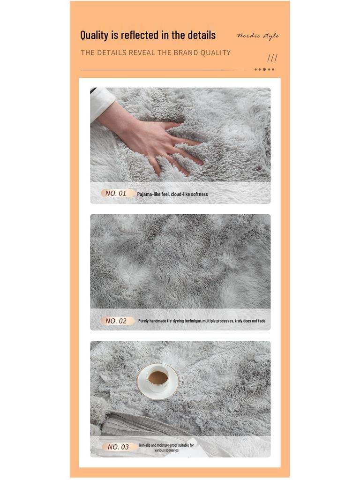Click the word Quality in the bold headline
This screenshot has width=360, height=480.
click(94, 35)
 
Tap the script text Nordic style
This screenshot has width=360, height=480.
click(258, 36)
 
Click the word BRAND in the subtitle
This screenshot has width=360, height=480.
click(186, 52)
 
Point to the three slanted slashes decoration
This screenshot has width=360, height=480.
click(272, 58)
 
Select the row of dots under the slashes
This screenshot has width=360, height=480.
click(264, 69)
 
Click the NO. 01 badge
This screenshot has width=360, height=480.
click(116, 193)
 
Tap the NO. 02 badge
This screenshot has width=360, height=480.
click(116, 321)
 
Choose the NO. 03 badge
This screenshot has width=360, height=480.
click(118, 447)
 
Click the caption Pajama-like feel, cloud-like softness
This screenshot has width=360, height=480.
click(172, 194)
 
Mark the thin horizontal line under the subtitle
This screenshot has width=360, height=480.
click(164, 70)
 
